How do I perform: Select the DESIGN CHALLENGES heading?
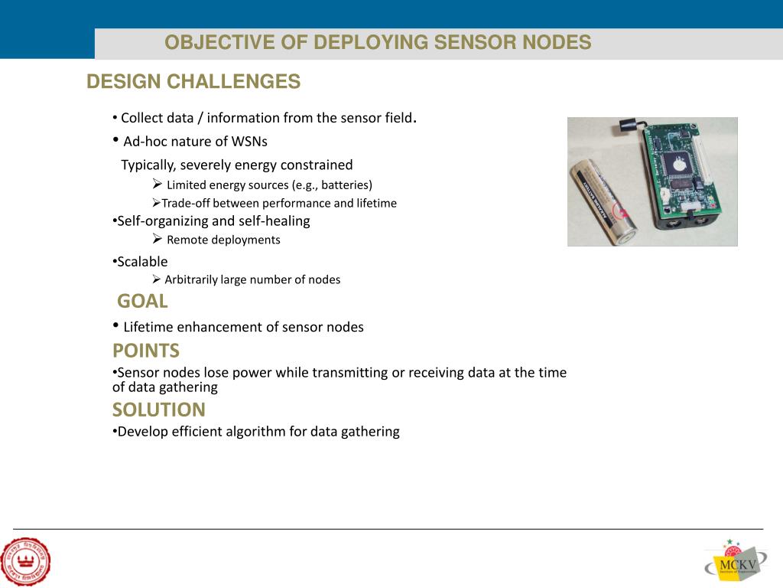(x=193, y=82)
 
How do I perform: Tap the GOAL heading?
(x=142, y=301)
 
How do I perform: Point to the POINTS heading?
(x=146, y=351)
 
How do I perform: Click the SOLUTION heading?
(x=159, y=410)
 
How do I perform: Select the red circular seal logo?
(x=25, y=562)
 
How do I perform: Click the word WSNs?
(x=249, y=142)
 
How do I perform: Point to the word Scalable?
(x=143, y=261)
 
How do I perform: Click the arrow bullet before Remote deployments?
(x=157, y=239)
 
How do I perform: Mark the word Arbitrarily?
(x=191, y=279)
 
